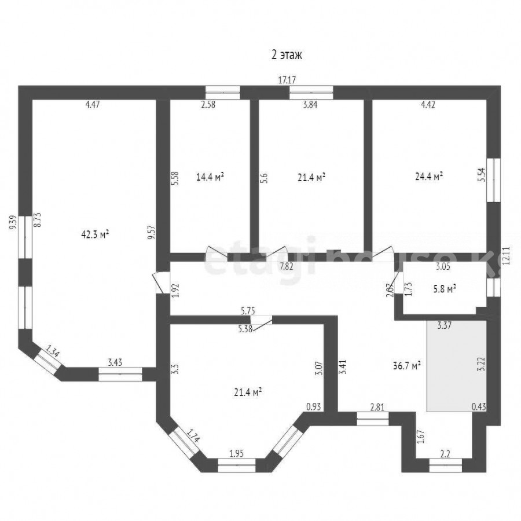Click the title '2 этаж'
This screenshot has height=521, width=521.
pos(287,55)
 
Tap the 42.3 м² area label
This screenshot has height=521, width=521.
pos(96,234)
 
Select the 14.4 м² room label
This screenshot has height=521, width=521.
pos(210,177)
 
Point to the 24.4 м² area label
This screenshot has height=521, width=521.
pos(429,176)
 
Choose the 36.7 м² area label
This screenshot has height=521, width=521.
pos(407,366)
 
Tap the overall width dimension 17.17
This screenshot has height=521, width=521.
pos(287,80)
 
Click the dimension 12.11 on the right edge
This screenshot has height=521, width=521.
pos(507,255)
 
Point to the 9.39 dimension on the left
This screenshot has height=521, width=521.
pos(13,222)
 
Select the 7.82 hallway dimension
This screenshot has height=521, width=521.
pos(287,266)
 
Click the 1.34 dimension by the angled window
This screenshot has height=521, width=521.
pos(53,351)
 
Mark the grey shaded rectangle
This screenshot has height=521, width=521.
pos(457,366)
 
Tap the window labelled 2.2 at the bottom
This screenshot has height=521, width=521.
pos(445,465)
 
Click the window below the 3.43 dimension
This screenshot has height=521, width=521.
pos(120,374)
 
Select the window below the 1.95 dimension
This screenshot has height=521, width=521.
pos(237,465)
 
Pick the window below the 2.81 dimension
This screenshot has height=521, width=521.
pos(373,419)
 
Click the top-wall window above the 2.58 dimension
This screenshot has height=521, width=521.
pos(223,93)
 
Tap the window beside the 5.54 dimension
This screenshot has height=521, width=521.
pos(493,180)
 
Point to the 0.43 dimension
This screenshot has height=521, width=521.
pos(478,406)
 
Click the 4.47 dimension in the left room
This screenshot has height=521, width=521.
pos(93,104)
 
